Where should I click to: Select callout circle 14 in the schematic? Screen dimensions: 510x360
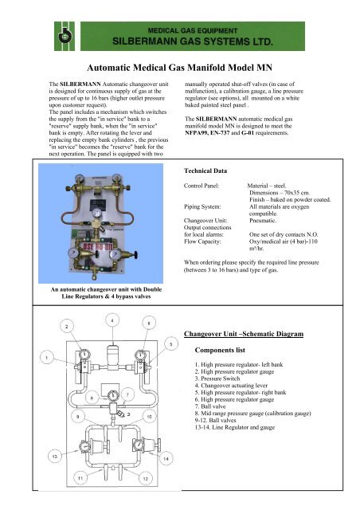(x=165, y=460)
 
